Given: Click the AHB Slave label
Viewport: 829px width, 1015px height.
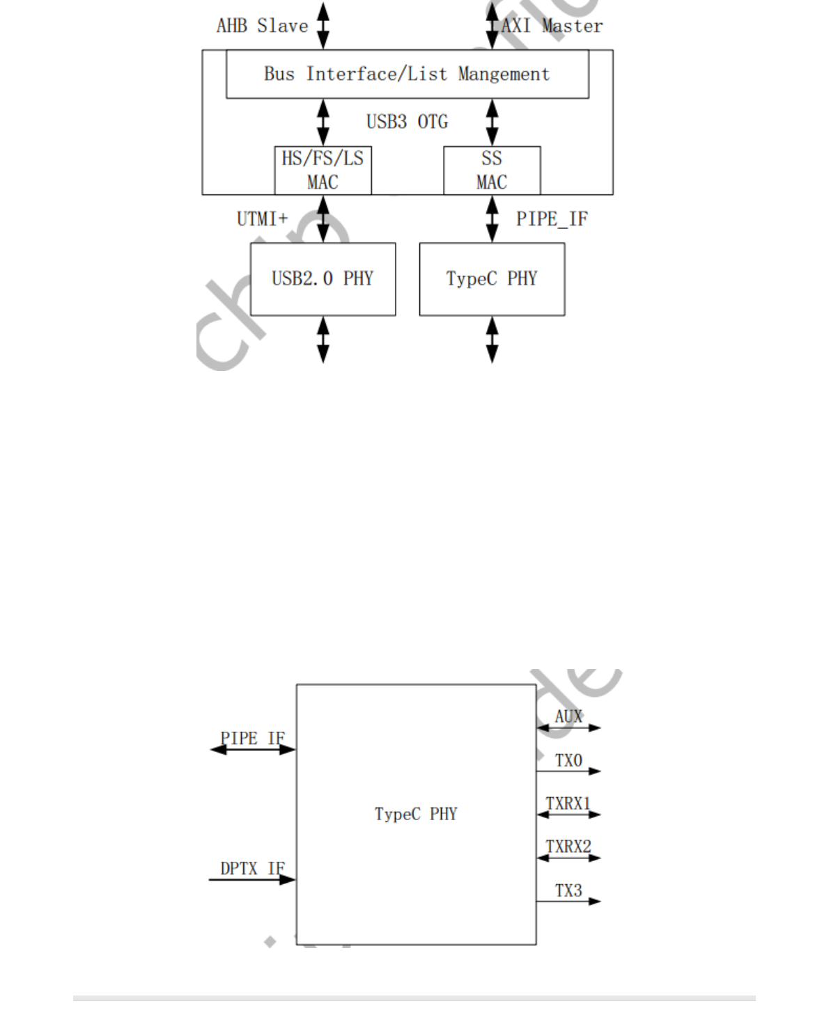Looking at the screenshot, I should click(x=262, y=26).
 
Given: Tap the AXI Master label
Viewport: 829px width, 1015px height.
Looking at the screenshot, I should click(x=552, y=26).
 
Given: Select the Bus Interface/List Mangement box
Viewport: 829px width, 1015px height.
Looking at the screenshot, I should click(x=407, y=74).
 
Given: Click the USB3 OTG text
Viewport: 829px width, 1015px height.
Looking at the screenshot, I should click(x=407, y=122).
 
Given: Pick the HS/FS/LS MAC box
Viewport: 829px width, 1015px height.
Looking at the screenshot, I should click(x=323, y=170).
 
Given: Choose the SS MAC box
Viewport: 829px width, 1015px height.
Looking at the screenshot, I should click(x=492, y=170).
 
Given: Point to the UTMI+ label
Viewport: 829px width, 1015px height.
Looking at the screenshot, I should click(x=262, y=219).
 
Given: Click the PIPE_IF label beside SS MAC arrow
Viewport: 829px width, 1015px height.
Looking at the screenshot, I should click(x=552, y=219).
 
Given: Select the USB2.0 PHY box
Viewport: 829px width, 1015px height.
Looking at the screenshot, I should click(x=323, y=278).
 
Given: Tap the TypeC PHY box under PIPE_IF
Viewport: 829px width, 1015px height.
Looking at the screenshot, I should click(x=492, y=278).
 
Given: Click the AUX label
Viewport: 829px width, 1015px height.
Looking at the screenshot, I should click(x=568, y=716).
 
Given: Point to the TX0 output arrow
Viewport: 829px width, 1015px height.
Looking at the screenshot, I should click(x=568, y=771).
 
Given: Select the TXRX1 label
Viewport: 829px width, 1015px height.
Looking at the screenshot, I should click(x=568, y=803).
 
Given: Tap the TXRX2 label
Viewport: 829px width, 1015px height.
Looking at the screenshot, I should click(x=568, y=847).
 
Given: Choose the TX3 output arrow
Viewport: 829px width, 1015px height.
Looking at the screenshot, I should click(x=568, y=901).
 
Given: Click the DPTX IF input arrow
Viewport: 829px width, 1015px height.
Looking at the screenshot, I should click(x=252, y=879).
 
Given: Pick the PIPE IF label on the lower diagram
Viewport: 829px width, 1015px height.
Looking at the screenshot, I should click(x=252, y=738).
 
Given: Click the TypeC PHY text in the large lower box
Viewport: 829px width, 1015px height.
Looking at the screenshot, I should click(x=416, y=814).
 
